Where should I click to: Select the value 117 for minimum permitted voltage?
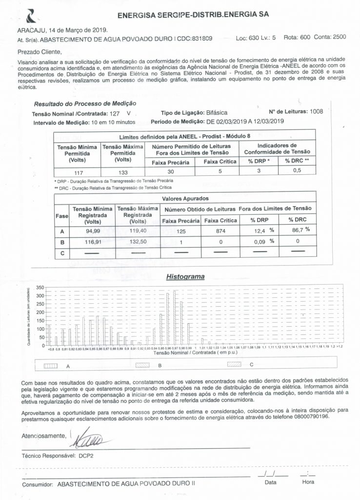(77, 172)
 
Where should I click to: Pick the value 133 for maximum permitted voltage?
(123, 172)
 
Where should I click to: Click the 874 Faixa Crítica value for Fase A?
(219, 231)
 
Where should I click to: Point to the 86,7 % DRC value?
(298, 229)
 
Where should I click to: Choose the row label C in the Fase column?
(61, 253)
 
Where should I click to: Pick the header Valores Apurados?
(185, 199)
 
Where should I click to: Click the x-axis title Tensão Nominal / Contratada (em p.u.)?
(191, 353)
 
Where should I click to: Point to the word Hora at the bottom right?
(308, 482)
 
